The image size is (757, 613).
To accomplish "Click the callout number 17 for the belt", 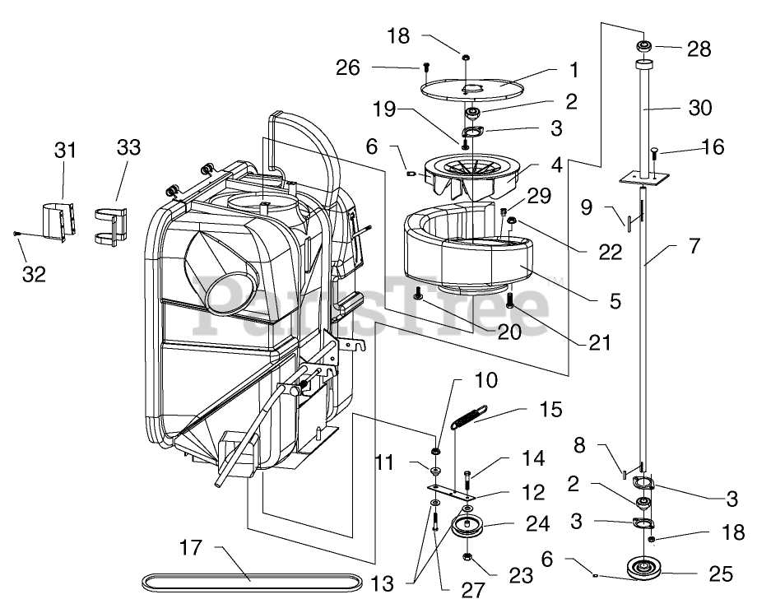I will coord(191,546).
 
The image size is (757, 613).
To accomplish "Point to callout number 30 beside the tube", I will coord(700,109).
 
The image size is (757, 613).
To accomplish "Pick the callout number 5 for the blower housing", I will coord(615,300).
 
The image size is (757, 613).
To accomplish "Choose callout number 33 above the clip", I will coord(128,148).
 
